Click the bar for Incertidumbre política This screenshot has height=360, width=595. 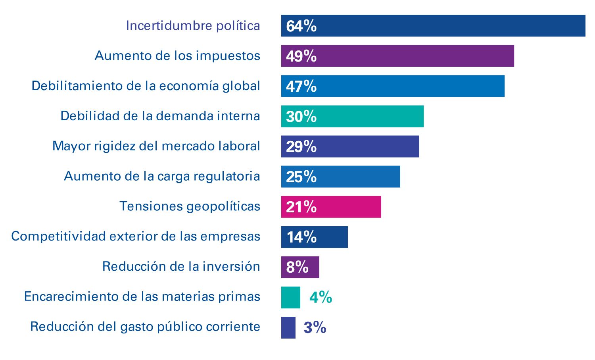[433, 26]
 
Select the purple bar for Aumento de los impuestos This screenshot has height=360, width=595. [397, 56]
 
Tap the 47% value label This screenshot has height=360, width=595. [301, 86]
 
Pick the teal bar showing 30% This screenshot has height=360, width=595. [352, 116]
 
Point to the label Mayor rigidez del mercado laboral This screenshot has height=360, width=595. [156, 146]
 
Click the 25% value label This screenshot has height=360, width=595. [301, 177]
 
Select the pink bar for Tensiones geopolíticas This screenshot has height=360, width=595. [331, 207]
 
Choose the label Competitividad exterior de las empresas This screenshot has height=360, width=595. [136, 236]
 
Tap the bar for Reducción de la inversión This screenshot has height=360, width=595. [300, 267]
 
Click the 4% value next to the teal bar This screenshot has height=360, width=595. [321, 297]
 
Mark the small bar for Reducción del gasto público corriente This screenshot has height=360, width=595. [288, 327]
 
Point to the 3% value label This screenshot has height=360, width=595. [315, 327]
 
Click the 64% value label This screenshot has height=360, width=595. [301, 26]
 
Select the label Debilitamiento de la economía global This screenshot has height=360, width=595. [146, 86]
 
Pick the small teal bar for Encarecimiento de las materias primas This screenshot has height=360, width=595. [291, 297]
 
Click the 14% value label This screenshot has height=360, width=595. [301, 237]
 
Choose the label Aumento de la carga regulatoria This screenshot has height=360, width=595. [162, 176]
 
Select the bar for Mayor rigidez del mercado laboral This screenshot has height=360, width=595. [350, 146]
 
